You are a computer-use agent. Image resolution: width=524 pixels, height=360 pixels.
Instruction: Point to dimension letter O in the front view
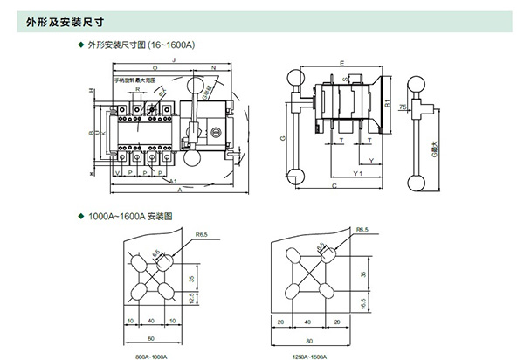pos(154,67)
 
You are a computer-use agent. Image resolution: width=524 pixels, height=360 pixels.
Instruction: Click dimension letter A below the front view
pos(177,189)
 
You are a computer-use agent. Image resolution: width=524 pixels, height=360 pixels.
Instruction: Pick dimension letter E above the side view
pos(341,63)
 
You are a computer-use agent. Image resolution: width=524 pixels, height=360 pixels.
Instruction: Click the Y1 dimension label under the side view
pos(357,173)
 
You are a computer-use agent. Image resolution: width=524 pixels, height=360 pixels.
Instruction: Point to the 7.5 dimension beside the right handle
pos(403,107)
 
